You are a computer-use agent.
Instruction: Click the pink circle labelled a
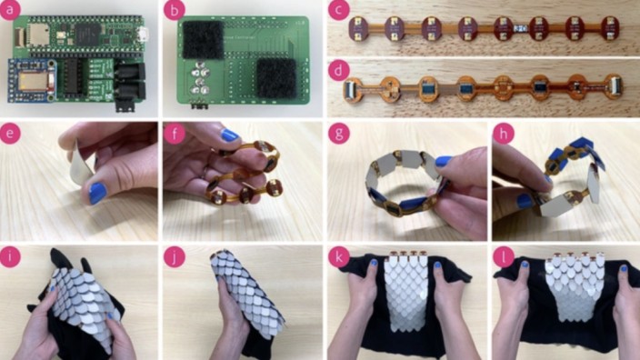[x=10, y=10]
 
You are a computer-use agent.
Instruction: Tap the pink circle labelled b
[x=175, y=10]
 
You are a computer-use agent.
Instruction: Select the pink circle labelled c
[x=339, y=10]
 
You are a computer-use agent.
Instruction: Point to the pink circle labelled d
[x=339, y=71]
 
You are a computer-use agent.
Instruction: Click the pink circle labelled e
[x=10, y=133]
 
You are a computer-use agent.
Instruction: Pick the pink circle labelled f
[x=175, y=133]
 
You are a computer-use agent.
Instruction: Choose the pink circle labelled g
[x=339, y=133]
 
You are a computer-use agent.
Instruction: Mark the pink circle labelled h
[x=504, y=133]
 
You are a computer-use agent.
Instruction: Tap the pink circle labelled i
[x=10, y=257]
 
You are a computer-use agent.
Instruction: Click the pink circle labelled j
[x=175, y=257]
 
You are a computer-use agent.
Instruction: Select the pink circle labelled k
[x=339, y=257]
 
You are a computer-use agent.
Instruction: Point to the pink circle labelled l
[x=504, y=257]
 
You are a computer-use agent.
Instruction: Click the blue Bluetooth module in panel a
[x=32, y=81]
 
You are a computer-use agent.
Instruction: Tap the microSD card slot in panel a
[x=38, y=34]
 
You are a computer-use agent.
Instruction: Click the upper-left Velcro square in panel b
[x=203, y=39]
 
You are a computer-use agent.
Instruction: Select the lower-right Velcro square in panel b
[x=276, y=78]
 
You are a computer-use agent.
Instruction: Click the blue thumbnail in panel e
[x=97, y=193]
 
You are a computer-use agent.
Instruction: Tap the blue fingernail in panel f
[x=229, y=135]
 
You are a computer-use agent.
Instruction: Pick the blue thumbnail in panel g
[x=444, y=161]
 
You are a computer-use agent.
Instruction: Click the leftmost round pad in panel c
[x=358, y=30]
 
